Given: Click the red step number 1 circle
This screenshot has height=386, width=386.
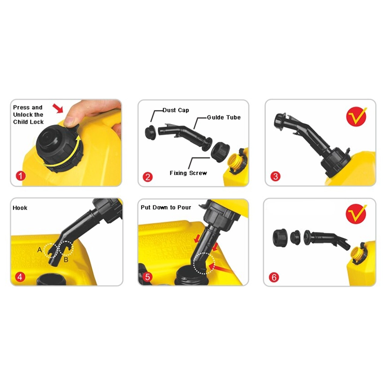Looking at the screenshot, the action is pos(21,176).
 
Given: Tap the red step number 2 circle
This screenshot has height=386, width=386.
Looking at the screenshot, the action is pos(148,177).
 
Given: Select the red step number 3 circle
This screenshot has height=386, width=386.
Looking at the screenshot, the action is pos(276,176).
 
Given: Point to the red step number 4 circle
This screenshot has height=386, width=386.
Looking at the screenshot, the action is pos(20,277).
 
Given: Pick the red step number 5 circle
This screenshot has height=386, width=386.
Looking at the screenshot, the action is pos(147,277).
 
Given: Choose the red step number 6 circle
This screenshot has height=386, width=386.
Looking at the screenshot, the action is pos(274,278).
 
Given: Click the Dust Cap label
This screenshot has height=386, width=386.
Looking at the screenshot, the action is pos(176,110).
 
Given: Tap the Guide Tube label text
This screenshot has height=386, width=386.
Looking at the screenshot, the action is pos(224,117).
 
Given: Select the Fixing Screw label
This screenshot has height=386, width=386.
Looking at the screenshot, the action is pos(188,173).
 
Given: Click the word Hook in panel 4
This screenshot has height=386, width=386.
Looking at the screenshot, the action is pos(20,208).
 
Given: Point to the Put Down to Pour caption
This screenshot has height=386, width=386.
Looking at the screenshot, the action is pos(166,207).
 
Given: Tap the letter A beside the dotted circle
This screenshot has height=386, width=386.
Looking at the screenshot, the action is pos(39,250).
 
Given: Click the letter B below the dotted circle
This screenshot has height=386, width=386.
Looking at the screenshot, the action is pos(66,259).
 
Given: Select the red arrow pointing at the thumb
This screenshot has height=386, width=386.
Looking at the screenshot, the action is pos(58,108).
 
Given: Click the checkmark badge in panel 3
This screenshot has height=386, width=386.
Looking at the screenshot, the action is pos(356,117).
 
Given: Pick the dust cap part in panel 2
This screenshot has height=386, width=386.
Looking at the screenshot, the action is pos(151,132).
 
